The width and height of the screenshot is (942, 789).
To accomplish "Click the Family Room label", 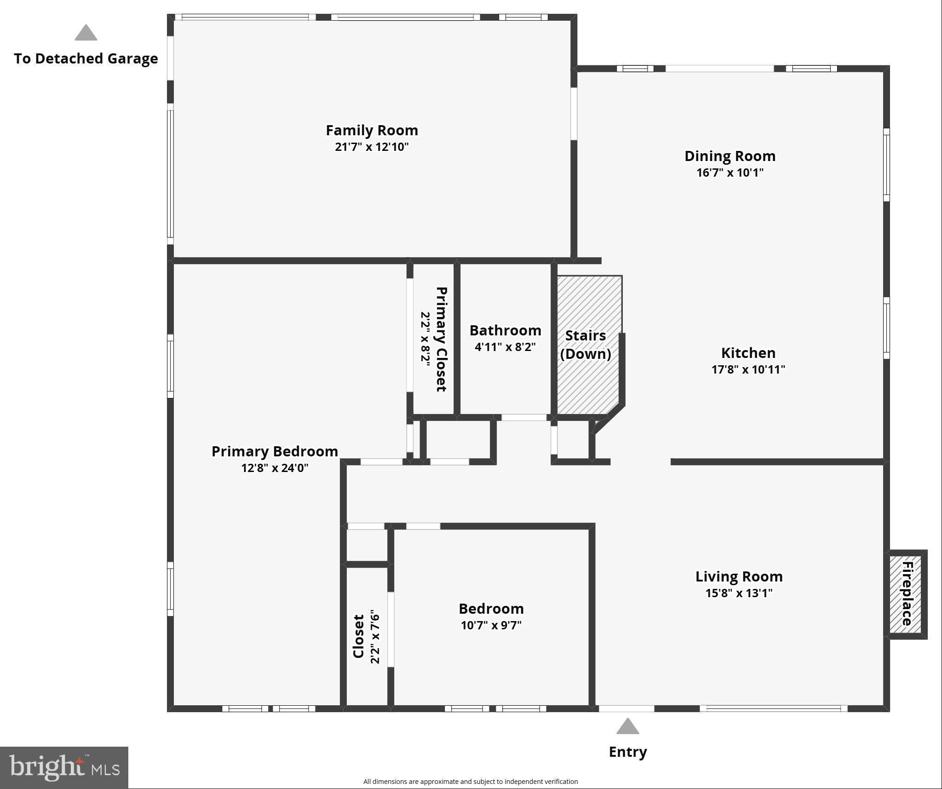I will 372,130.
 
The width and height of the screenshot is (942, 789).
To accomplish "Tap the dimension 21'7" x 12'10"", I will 372,147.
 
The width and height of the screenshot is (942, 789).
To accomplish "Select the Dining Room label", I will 730,156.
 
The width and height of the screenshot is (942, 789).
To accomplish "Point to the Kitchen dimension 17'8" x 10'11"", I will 748,369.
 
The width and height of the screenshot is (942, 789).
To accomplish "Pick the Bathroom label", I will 505,330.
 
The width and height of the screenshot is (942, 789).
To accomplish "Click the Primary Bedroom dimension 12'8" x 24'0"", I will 275,468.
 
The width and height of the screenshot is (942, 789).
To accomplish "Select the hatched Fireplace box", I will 905,594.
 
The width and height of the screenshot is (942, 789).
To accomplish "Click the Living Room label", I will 739,576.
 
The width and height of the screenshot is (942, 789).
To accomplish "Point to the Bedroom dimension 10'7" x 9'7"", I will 491,625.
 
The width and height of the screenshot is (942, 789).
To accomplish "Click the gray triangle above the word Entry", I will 627,726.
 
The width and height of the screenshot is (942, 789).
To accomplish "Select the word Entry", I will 627,752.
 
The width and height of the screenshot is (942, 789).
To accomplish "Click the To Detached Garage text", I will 86,58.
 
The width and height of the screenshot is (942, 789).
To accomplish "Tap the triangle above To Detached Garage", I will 86,33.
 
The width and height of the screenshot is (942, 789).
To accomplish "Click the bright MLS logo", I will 64,767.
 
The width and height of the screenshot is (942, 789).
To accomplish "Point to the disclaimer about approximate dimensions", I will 470,781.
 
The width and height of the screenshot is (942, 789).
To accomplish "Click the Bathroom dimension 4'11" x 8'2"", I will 505,347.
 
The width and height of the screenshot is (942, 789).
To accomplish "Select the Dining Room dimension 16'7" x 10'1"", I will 730,173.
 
